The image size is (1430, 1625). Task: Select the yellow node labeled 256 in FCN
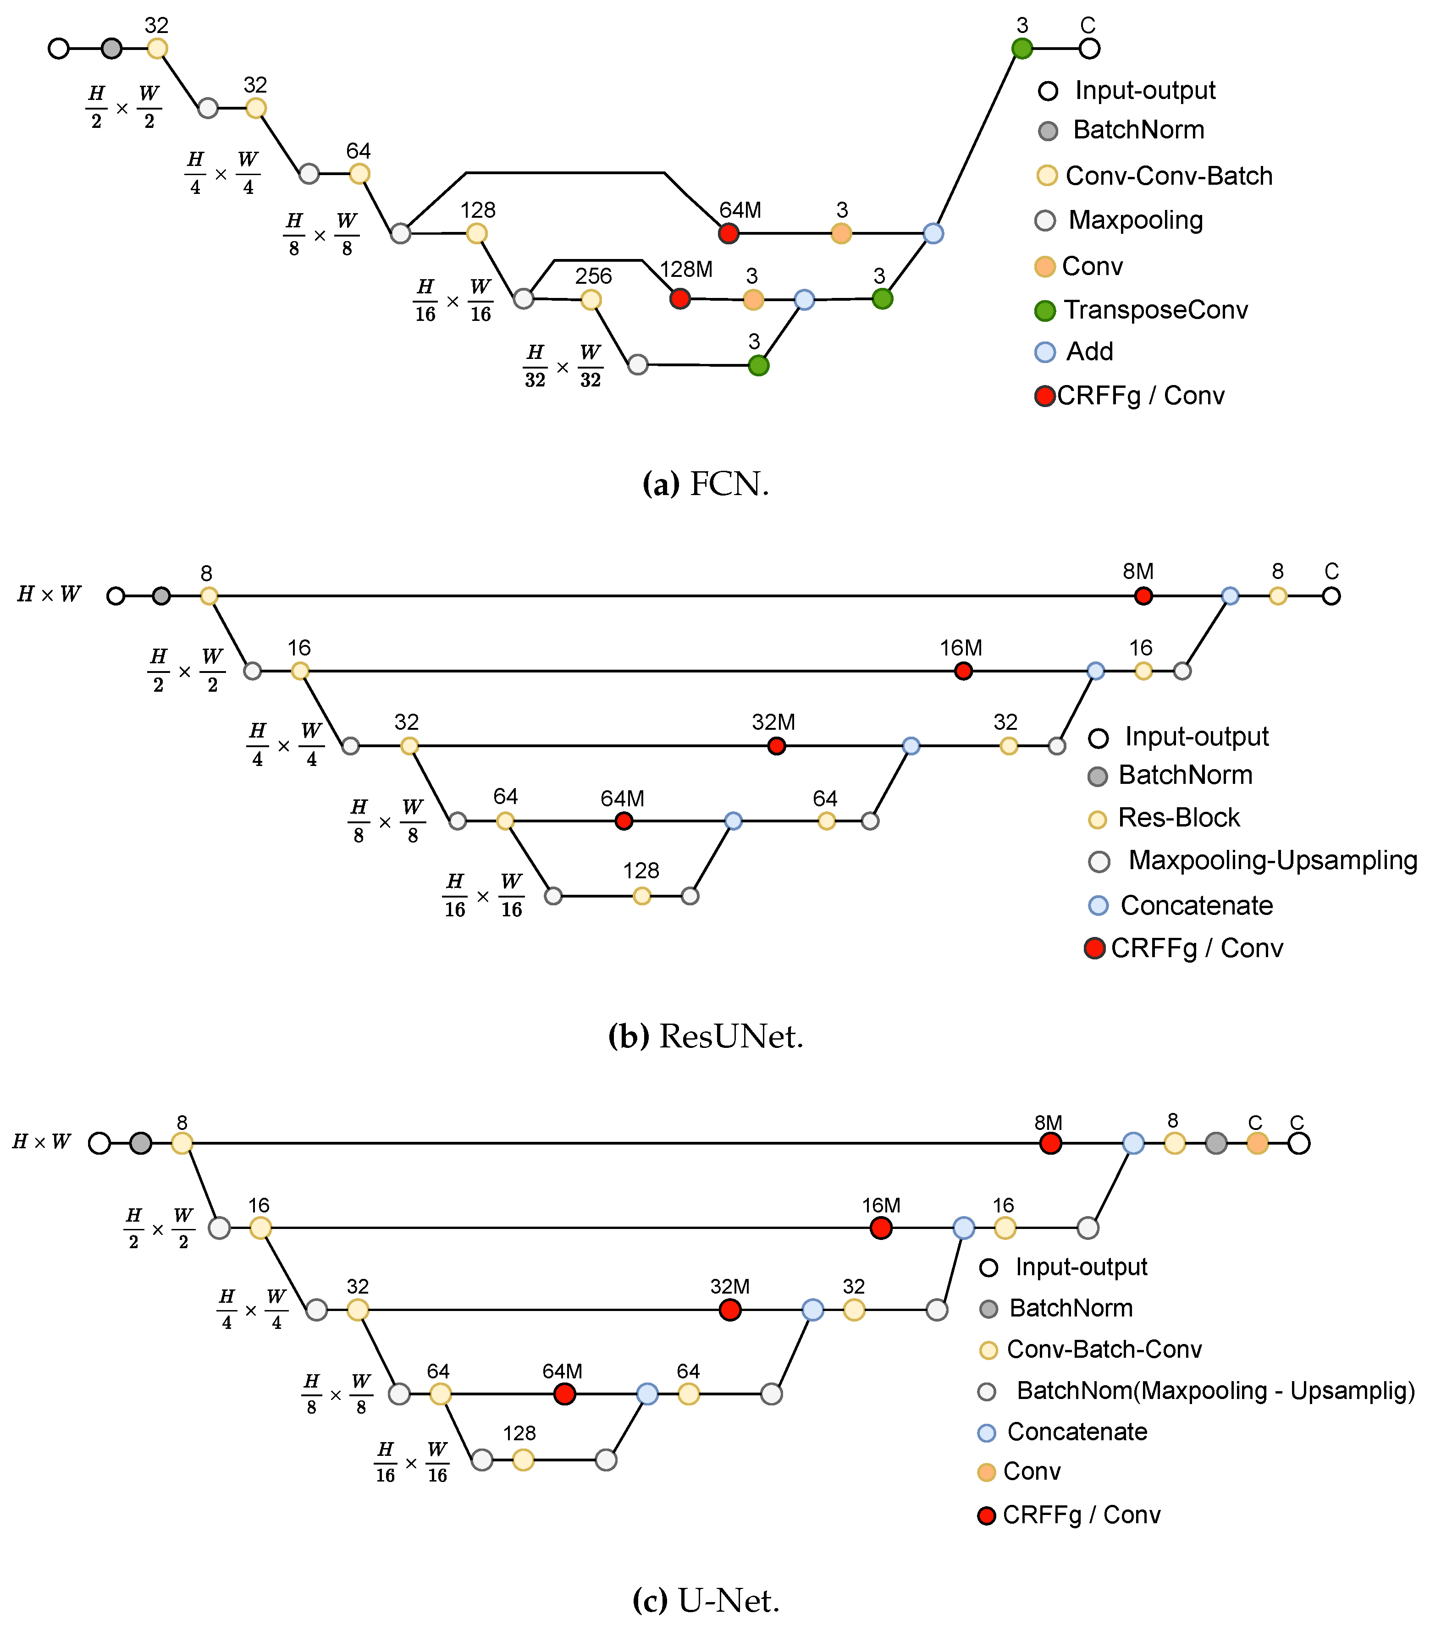590,300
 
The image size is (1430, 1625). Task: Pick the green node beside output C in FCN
1022,49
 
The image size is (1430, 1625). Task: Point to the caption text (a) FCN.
706,483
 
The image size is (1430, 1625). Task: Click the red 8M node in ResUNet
1143,595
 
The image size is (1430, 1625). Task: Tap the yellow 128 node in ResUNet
642,896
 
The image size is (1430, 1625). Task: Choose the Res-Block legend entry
1165,818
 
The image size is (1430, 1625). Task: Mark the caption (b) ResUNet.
706,1036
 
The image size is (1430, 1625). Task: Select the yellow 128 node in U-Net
523,1460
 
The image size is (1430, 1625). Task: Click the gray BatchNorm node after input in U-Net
141,1143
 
